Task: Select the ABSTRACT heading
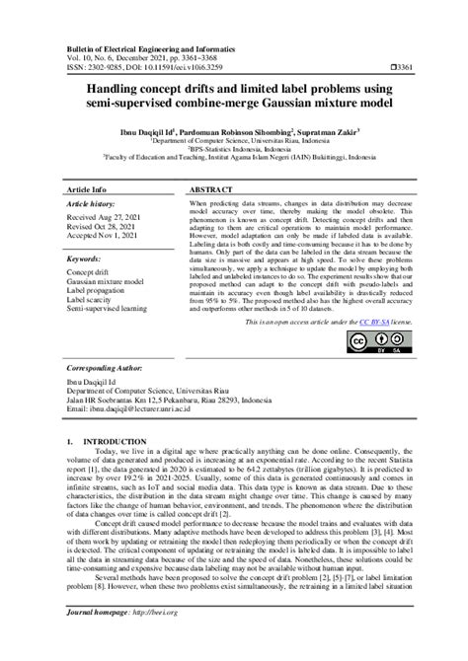pyautogui.click(x=210, y=187)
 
